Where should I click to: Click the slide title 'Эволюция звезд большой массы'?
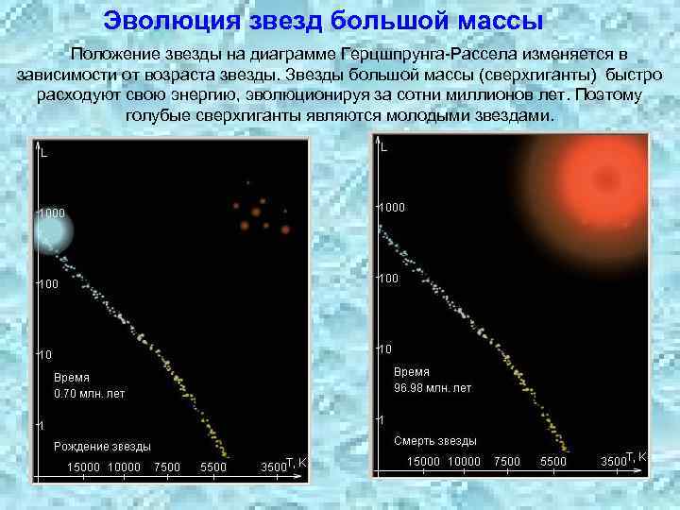click(x=323, y=20)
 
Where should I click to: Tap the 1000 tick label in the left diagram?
click(x=52, y=213)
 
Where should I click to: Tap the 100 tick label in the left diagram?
click(x=49, y=283)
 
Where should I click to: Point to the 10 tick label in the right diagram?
click(x=385, y=349)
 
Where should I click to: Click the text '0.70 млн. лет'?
click(x=90, y=393)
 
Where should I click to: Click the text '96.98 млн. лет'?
click(x=433, y=388)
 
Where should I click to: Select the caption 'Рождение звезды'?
click(x=102, y=446)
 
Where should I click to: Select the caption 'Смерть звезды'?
click(x=434, y=440)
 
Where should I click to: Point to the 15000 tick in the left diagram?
click(x=84, y=467)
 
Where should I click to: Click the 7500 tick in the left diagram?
click(x=166, y=467)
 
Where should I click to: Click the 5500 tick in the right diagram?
click(x=552, y=461)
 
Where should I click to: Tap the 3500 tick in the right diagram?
click(x=614, y=461)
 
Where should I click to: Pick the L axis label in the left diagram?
click(x=44, y=153)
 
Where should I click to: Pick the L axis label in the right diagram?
click(x=384, y=147)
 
